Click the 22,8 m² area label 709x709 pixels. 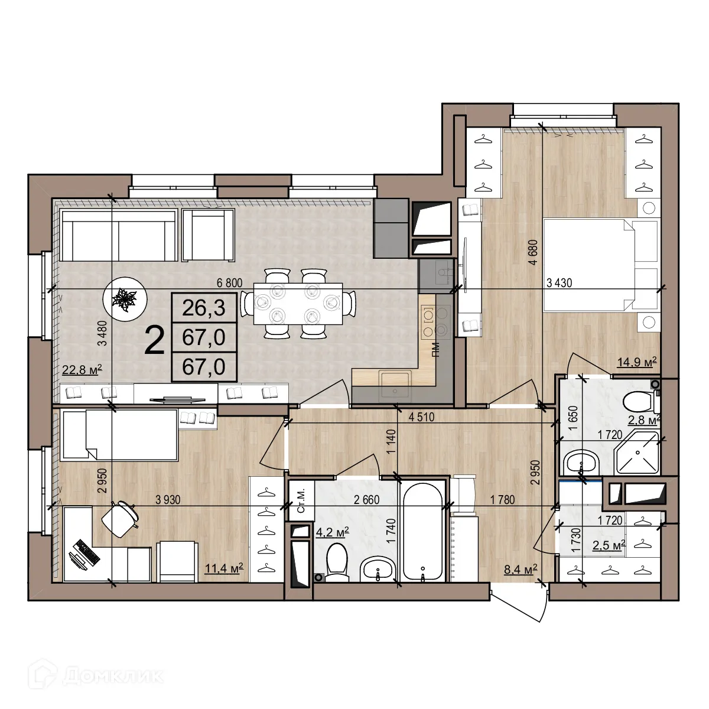pos(82,370)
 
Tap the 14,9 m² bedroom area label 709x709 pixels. pos(637,362)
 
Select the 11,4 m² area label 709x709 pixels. pos(224,568)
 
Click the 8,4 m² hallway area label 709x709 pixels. pos(520,569)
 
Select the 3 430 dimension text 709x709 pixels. pos(559,283)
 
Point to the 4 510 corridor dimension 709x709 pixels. pos(421,417)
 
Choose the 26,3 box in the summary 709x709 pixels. pos(203,307)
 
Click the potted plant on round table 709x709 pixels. pos(124,298)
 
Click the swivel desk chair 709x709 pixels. pos(120,518)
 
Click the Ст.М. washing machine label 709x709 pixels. pos(300,501)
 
